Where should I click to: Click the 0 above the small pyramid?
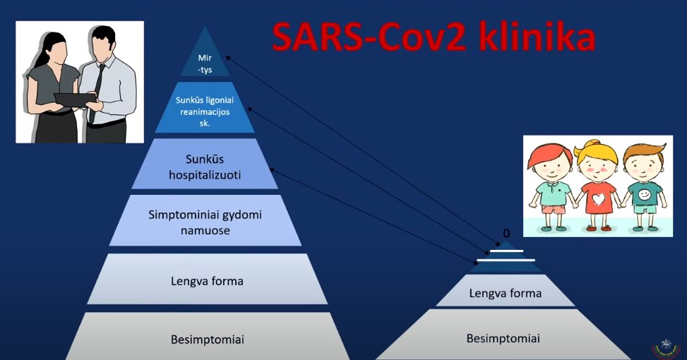pos(506,233)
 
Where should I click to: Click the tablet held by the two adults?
pos(75,100)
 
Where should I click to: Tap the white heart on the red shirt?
pos(598,199)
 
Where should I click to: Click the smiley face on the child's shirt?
pos(644,193)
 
